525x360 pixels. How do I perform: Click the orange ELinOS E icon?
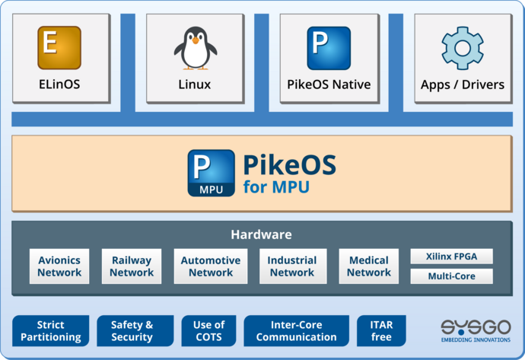59,48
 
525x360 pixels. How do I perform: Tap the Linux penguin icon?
195,48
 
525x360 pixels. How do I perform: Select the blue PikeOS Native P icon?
329,48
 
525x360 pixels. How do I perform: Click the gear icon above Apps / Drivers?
463,48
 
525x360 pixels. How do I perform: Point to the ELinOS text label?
59,84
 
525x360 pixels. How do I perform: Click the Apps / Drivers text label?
463,84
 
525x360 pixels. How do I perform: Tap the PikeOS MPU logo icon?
211,173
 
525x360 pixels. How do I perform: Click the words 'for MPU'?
276,186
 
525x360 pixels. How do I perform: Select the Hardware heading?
261,234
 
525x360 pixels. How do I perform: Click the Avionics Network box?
59,266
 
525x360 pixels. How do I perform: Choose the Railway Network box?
131,266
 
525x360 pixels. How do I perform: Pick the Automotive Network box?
211,266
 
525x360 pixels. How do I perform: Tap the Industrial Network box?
292,266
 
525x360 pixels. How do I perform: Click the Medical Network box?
369,266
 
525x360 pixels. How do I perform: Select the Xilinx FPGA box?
451,256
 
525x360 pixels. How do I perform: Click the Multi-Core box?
451,276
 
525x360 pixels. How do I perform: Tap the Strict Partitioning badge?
50,331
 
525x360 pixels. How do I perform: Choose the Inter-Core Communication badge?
296,331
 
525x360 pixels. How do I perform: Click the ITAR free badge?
381,331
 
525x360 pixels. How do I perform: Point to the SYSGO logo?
476,330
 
